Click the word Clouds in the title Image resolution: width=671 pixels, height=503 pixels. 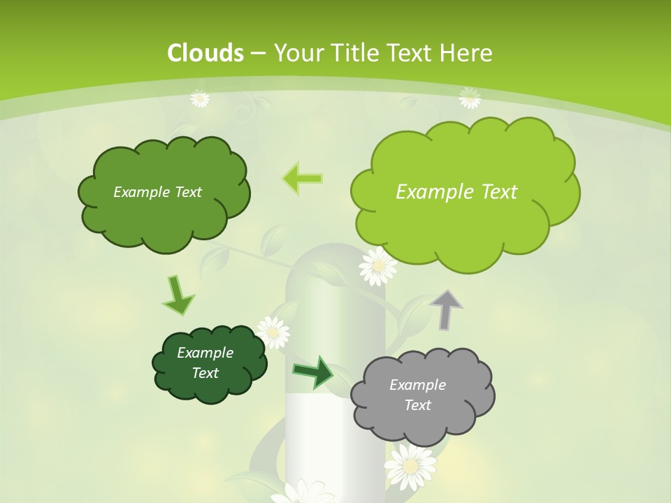205,53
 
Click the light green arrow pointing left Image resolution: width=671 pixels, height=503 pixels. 302,178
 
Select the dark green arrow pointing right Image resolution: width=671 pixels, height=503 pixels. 313,372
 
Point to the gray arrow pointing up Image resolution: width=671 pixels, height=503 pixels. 447,308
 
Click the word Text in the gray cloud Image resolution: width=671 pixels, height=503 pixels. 417,405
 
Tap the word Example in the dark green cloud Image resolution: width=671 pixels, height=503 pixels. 205,353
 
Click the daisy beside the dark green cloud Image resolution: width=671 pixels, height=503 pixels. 273,332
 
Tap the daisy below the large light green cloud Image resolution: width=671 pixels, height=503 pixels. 377,266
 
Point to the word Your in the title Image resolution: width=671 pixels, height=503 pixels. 296,53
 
